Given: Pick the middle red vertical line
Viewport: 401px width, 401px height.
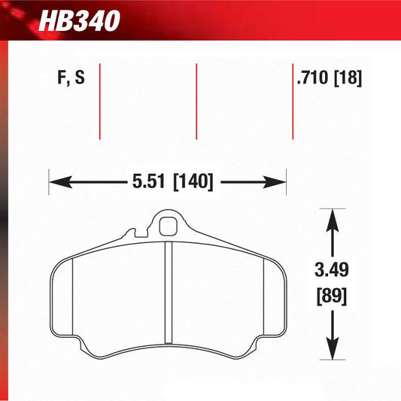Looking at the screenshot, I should pos(196,102).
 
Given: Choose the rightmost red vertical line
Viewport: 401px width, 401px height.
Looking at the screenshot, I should pos(293,102).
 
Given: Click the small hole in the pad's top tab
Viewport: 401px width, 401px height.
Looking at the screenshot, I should pos(168,224).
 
